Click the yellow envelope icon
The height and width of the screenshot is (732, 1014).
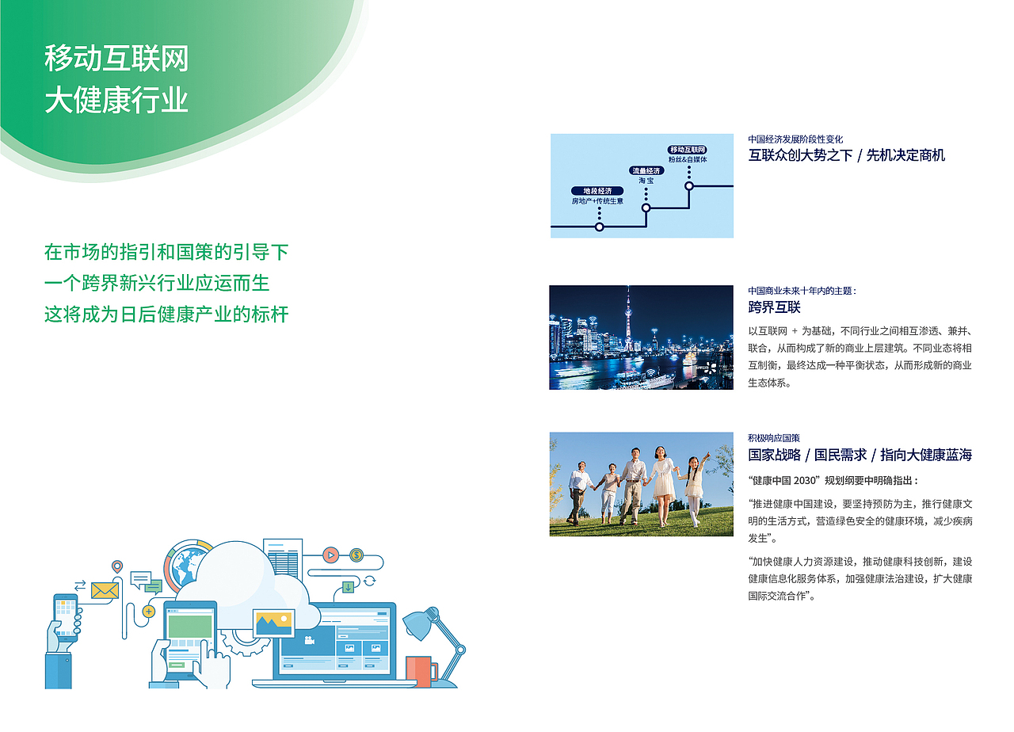tap(105, 590)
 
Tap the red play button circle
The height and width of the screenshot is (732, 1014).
tap(331, 555)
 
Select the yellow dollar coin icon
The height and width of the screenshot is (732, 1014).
tap(356, 555)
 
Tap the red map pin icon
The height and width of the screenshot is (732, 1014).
tap(117, 566)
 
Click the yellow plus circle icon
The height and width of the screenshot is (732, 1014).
tap(148, 612)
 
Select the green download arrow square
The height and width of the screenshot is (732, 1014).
tap(348, 587)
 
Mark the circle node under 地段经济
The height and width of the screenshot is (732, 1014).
tap(599, 227)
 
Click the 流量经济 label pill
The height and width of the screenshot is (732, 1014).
tap(646, 170)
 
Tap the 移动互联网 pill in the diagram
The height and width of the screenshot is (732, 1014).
tap(688, 150)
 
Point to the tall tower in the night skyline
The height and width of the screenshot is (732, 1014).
tap(628, 325)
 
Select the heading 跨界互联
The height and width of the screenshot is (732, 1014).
tap(774, 307)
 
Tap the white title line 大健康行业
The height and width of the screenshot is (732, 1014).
tap(116, 101)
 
